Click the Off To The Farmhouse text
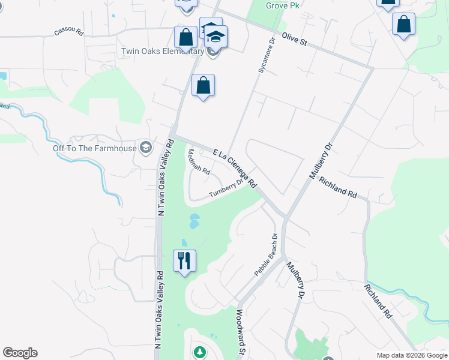(x=95, y=148)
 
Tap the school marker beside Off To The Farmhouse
(x=145, y=148)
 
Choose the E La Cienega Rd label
(x=235, y=169)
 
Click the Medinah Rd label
(x=199, y=161)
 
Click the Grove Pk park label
(x=282, y=5)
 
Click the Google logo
(x=20, y=353)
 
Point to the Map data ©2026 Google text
(x=412, y=355)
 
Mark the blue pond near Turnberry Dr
(x=194, y=221)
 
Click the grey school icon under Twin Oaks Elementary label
(x=212, y=52)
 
